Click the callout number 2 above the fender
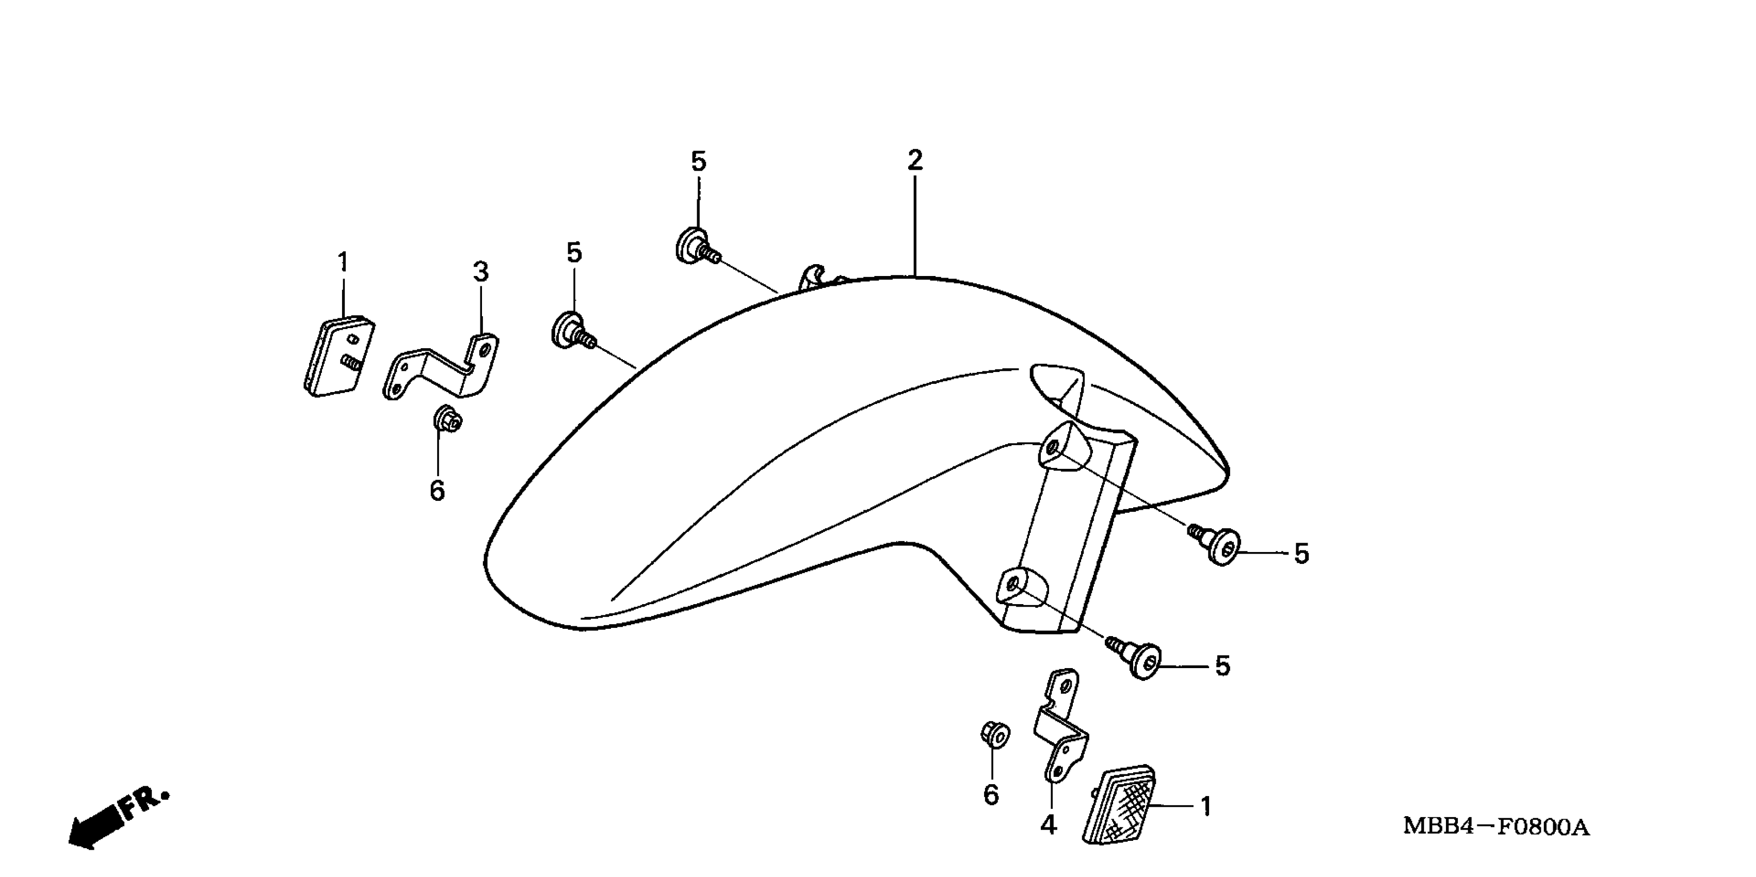click(915, 160)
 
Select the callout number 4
click(1049, 825)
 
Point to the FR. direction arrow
click(116, 821)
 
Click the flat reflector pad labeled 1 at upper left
click(339, 356)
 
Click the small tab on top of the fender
click(813, 277)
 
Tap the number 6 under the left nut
click(438, 491)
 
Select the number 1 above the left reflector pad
click(343, 262)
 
